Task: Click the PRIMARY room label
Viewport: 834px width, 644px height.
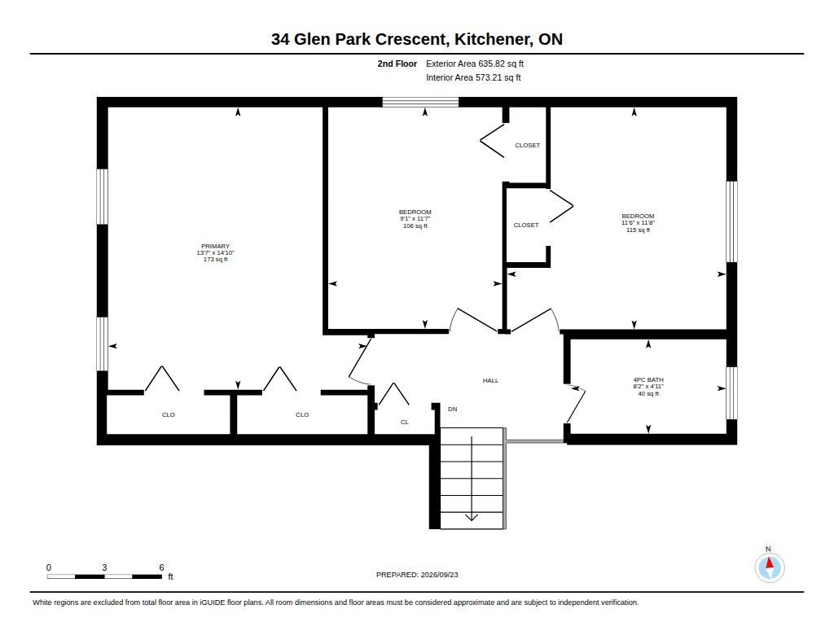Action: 215,246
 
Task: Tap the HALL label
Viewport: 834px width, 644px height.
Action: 490,381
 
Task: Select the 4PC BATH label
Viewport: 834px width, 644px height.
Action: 648,380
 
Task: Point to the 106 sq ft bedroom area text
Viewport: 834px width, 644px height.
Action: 415,226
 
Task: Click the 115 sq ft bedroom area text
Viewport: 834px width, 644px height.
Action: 639,230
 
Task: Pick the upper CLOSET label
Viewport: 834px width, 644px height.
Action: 527,145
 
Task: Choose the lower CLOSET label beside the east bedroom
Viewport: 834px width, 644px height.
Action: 526,226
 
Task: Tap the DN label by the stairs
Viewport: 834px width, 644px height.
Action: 453,410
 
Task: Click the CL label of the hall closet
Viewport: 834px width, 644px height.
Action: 405,423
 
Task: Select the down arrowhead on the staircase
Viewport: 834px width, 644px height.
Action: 472,518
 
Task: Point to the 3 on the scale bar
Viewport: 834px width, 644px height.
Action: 104,567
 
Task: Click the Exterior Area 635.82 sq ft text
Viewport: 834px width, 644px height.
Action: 475,64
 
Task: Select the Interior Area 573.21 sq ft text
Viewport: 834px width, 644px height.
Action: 473,77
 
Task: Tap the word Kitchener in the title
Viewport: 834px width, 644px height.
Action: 493,39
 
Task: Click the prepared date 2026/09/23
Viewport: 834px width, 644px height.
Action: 439,575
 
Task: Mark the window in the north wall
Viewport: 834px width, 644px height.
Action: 421,102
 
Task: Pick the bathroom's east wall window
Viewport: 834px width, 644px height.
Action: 732,393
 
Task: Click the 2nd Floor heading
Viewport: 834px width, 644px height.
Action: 397,64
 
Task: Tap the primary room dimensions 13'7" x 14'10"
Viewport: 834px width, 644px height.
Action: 215,253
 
